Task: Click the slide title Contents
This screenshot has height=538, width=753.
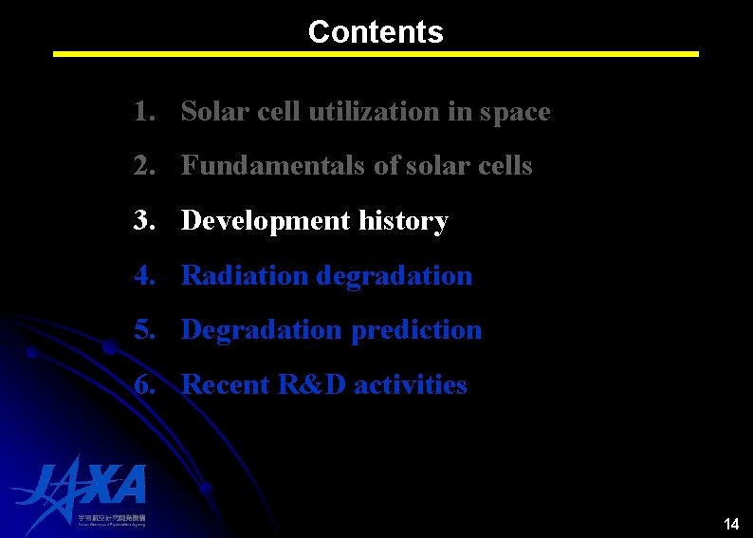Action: click(x=376, y=32)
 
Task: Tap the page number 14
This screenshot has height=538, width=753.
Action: click(x=730, y=524)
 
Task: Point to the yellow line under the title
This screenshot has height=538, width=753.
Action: click(x=376, y=54)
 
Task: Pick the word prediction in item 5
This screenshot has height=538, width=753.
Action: click(x=416, y=330)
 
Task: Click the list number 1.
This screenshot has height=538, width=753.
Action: click(x=143, y=112)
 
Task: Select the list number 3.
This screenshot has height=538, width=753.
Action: click(x=143, y=221)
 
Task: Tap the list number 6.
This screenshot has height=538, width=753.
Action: click(x=143, y=385)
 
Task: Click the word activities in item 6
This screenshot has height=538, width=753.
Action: click(x=411, y=385)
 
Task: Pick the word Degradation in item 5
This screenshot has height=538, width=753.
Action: click(x=261, y=330)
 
